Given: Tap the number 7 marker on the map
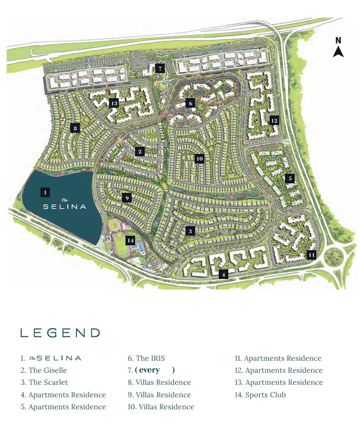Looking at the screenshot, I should pos(160,68).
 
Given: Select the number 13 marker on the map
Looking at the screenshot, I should pos(114,103).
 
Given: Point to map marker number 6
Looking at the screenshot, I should pos(190,103).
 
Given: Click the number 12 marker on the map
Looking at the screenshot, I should pos(274,120).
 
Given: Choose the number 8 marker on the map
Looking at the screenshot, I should pos(75,128).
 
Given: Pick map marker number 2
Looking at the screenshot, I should pos(140,152).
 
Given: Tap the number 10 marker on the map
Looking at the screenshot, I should pos(199,158).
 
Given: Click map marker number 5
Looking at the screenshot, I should pos(289,178).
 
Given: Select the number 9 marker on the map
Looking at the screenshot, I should pos(126,198).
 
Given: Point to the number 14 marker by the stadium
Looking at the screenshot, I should pos(130,240).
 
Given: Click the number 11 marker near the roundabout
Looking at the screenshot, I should pos(311,254).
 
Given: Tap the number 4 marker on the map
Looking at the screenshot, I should pos(223,275).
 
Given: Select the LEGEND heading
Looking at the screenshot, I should pos(60,333).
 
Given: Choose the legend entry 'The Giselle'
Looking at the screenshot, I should pos(48,370).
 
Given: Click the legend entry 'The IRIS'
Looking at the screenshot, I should pos(150,358).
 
